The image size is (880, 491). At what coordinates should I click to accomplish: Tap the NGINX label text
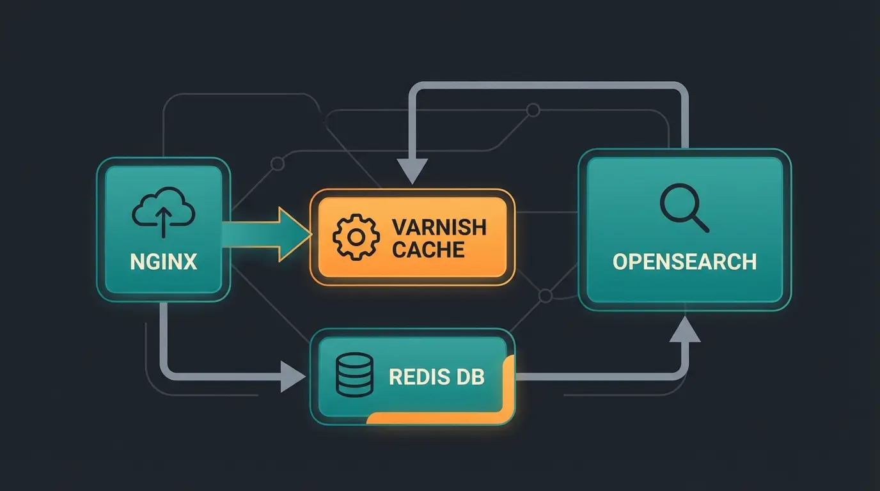(x=163, y=262)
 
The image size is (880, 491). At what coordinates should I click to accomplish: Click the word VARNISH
(x=439, y=227)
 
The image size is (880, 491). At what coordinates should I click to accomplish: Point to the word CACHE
(x=428, y=249)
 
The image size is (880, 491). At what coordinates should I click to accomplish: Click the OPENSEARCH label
(x=684, y=261)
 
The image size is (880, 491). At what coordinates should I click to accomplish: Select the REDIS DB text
(x=437, y=377)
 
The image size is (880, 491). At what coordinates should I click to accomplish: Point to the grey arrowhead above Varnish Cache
(x=412, y=171)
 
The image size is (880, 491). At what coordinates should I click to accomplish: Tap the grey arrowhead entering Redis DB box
(x=292, y=376)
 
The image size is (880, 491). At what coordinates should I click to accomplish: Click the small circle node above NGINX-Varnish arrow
(x=278, y=164)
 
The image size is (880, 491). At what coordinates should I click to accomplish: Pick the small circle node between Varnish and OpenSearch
(x=546, y=296)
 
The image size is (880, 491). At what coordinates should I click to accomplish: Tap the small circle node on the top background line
(x=532, y=110)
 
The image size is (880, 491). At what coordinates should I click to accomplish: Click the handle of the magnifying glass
(x=700, y=223)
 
